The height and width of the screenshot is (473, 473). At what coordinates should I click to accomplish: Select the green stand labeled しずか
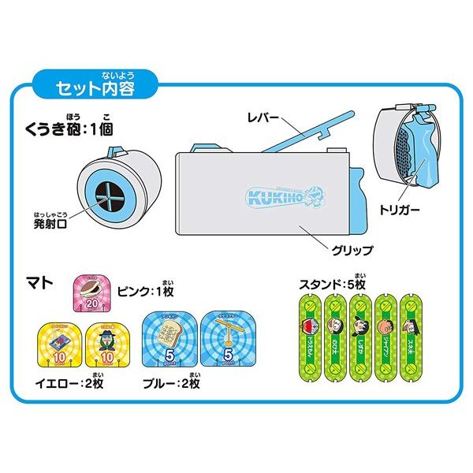tap(360, 339)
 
